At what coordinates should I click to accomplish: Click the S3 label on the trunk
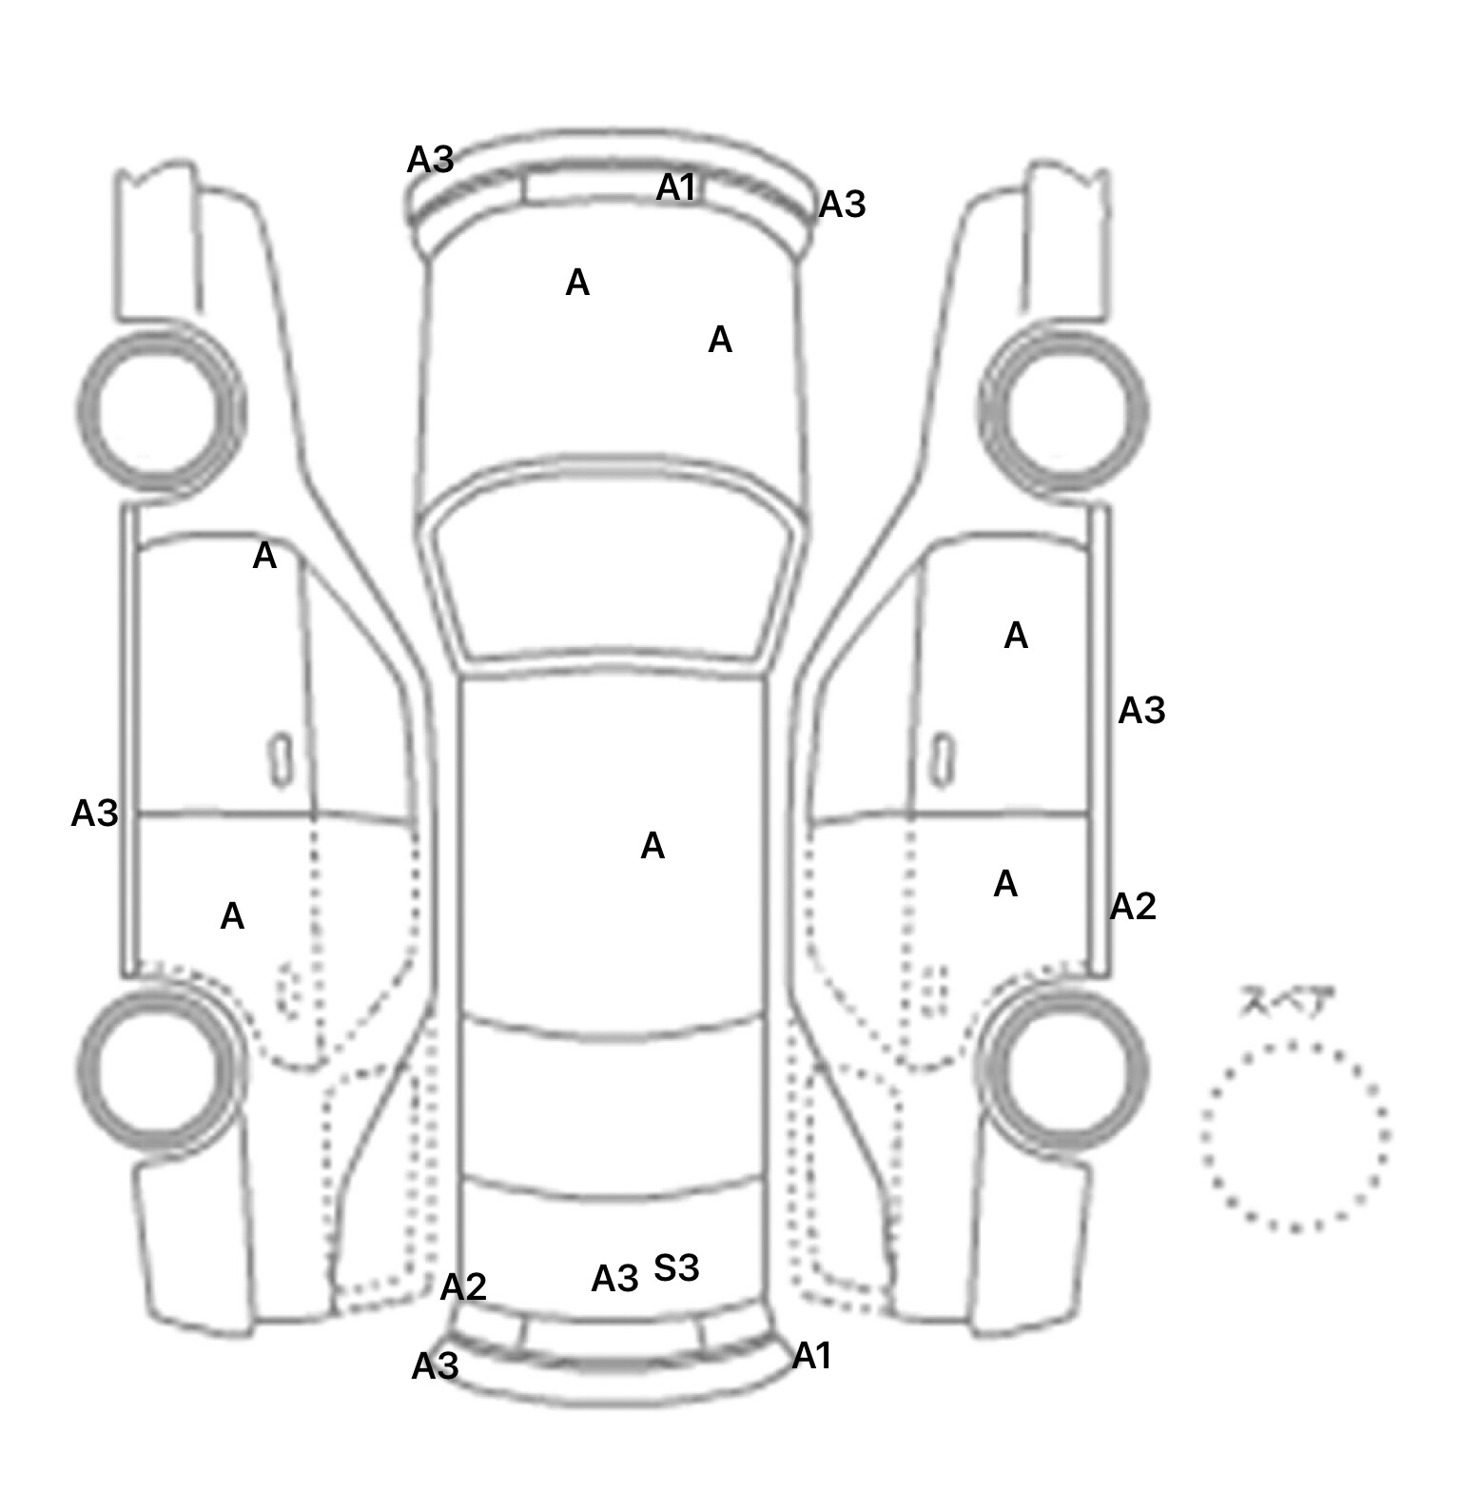pos(676,1267)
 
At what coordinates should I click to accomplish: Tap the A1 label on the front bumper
pos(676,187)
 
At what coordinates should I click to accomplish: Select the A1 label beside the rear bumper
pos(811,1356)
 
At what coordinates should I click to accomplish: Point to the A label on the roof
pos(653,845)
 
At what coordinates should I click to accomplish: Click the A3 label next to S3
pos(614,1279)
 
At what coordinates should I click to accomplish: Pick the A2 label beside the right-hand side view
pos(1133,907)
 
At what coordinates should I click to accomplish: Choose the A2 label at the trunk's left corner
pos(463,1287)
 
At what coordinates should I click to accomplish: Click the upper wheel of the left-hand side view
pos(160,411)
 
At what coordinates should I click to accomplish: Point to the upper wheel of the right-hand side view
pos(1063,411)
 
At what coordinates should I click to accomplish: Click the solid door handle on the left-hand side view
pos(281,760)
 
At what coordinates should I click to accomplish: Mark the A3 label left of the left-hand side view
pos(94,814)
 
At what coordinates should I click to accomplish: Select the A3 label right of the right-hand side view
pos(1141,711)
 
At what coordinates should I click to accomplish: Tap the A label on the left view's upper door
pos(264,556)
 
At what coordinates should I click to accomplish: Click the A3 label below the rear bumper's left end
pos(435,1367)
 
